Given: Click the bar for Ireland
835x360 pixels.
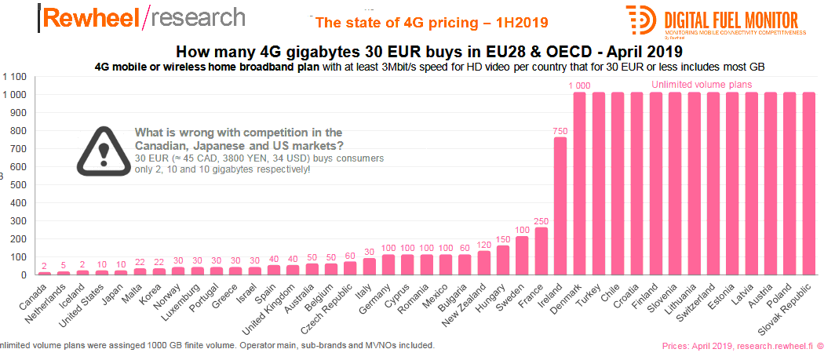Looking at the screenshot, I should [x=560, y=205].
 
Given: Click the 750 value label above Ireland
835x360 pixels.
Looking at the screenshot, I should [x=560, y=130].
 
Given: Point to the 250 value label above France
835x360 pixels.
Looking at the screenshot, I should [x=541, y=220].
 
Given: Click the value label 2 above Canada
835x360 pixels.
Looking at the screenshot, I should [x=45, y=266].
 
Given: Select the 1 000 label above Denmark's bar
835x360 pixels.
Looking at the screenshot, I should [x=579, y=85].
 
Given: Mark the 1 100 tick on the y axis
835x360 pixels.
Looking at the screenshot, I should [x=15, y=77].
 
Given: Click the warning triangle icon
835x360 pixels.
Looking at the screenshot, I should [x=103, y=149].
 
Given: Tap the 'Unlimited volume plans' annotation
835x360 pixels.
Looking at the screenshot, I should [x=702, y=84].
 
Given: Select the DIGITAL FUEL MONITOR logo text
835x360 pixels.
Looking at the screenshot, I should [x=730, y=20].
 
